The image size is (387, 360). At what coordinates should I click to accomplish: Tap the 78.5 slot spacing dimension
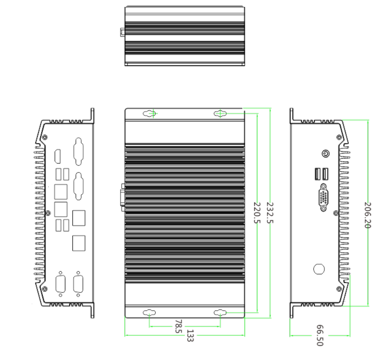(x=178, y=327)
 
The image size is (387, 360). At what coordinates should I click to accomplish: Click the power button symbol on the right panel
(x=325, y=154)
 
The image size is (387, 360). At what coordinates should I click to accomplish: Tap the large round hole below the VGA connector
(x=319, y=269)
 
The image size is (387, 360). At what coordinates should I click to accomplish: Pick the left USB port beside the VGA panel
(x=317, y=175)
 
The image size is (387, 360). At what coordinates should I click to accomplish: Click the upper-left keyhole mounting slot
(x=150, y=114)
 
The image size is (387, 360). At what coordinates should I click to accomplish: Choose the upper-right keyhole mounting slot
(x=220, y=114)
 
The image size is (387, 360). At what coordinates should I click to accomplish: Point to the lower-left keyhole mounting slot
(x=150, y=313)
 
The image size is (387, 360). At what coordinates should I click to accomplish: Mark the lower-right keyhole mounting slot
(x=220, y=313)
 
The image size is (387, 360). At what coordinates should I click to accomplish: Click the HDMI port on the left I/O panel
(x=57, y=157)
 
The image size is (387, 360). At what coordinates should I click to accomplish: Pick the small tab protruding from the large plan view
(x=122, y=198)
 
